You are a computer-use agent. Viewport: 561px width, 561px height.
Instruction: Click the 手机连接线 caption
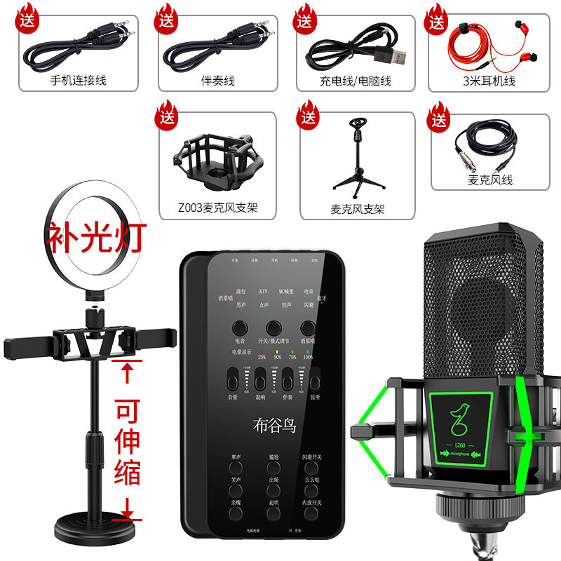pyautogui.click(x=79, y=81)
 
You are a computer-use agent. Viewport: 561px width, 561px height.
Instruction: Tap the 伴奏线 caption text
pyautogui.click(x=217, y=81)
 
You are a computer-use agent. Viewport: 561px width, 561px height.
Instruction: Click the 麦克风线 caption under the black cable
pyautogui.click(x=492, y=180)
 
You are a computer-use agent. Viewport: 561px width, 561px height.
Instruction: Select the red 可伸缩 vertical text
pyautogui.click(x=127, y=439)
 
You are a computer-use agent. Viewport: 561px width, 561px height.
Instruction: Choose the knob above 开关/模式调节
pyautogui.click(x=273, y=327)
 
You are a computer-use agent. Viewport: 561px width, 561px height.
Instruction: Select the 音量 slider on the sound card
pyautogui.click(x=232, y=379)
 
